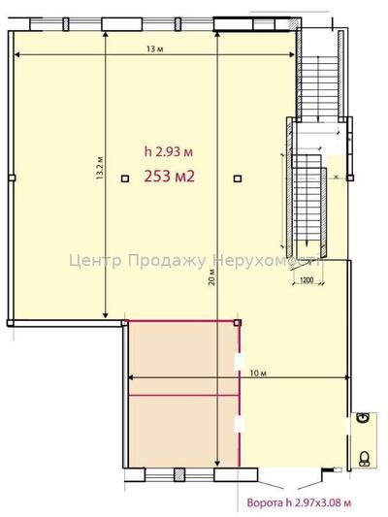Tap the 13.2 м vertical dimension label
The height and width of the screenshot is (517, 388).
coord(100,182)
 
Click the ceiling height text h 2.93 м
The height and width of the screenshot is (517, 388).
coord(169,151)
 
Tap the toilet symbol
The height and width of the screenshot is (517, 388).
coord(366,458)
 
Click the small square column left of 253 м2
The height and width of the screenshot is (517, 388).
coord(124,178)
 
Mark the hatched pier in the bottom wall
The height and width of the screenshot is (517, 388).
coord(180,475)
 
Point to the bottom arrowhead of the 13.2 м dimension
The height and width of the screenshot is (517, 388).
coord(107,315)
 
